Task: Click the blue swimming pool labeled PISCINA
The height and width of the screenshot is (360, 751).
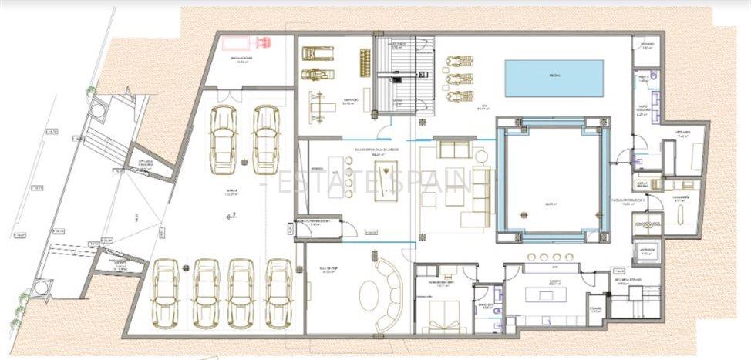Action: (x=554, y=77)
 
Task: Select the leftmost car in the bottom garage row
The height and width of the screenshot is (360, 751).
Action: (x=167, y=294)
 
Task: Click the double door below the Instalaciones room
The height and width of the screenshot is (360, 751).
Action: (x=229, y=96)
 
